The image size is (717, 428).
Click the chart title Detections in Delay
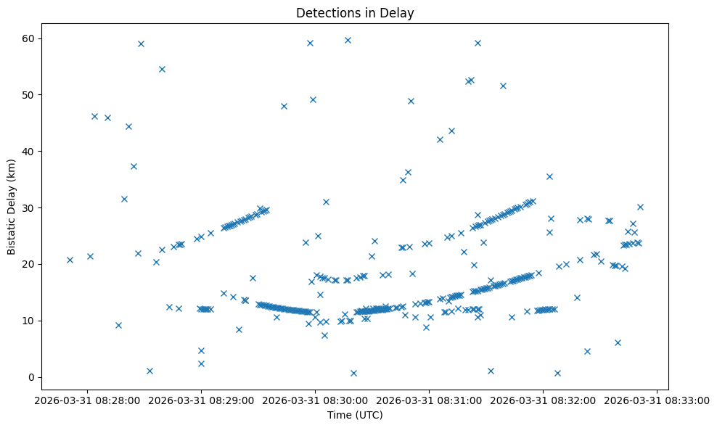[x=355, y=12]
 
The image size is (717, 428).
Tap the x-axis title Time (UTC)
[x=355, y=415]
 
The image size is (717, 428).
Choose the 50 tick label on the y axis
[x=31, y=95]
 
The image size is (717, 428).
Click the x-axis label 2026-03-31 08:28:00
[x=87, y=400]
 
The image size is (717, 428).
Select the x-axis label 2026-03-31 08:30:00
[x=315, y=400]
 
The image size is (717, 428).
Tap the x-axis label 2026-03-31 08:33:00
[x=657, y=400]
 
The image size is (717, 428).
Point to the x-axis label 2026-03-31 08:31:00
[x=429, y=400]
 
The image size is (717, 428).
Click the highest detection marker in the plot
[x=348, y=40]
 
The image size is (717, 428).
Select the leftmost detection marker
[x=70, y=260]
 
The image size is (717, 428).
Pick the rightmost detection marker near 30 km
[x=640, y=207]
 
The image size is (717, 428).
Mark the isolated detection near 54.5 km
[x=162, y=70]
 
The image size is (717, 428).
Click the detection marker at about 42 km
[x=440, y=139]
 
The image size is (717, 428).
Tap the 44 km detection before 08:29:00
[x=128, y=126]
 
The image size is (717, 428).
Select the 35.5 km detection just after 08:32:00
[x=549, y=176]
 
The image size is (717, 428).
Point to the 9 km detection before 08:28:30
[x=118, y=325]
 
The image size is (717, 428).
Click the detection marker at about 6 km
[x=618, y=342]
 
